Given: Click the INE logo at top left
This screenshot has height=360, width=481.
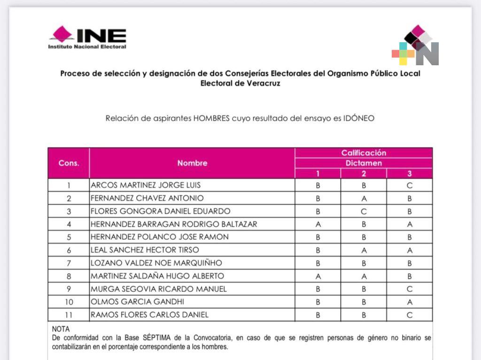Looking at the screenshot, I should [x=87, y=38].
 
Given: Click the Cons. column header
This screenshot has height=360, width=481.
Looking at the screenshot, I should [x=69, y=163].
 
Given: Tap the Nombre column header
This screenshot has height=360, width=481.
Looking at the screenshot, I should [x=192, y=163].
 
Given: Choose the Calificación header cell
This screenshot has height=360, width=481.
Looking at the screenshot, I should [x=364, y=153].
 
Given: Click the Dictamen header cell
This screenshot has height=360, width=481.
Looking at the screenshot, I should [x=364, y=163].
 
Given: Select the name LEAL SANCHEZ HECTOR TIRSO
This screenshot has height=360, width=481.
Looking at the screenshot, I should [x=145, y=250].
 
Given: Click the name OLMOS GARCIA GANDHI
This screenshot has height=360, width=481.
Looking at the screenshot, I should [x=137, y=301].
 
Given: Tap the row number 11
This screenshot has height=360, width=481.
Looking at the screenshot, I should [x=69, y=314].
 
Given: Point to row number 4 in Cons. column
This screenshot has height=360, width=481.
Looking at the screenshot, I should [x=69, y=224].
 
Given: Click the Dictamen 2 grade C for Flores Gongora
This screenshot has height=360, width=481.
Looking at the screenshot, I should [x=364, y=211].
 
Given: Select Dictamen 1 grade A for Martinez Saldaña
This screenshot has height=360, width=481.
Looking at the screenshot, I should [x=318, y=276].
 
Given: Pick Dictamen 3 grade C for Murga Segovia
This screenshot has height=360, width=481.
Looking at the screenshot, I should [x=410, y=289].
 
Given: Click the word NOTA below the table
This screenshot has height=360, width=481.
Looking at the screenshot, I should [x=61, y=329].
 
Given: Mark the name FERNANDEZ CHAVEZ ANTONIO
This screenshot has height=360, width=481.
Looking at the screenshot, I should [x=147, y=198].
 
